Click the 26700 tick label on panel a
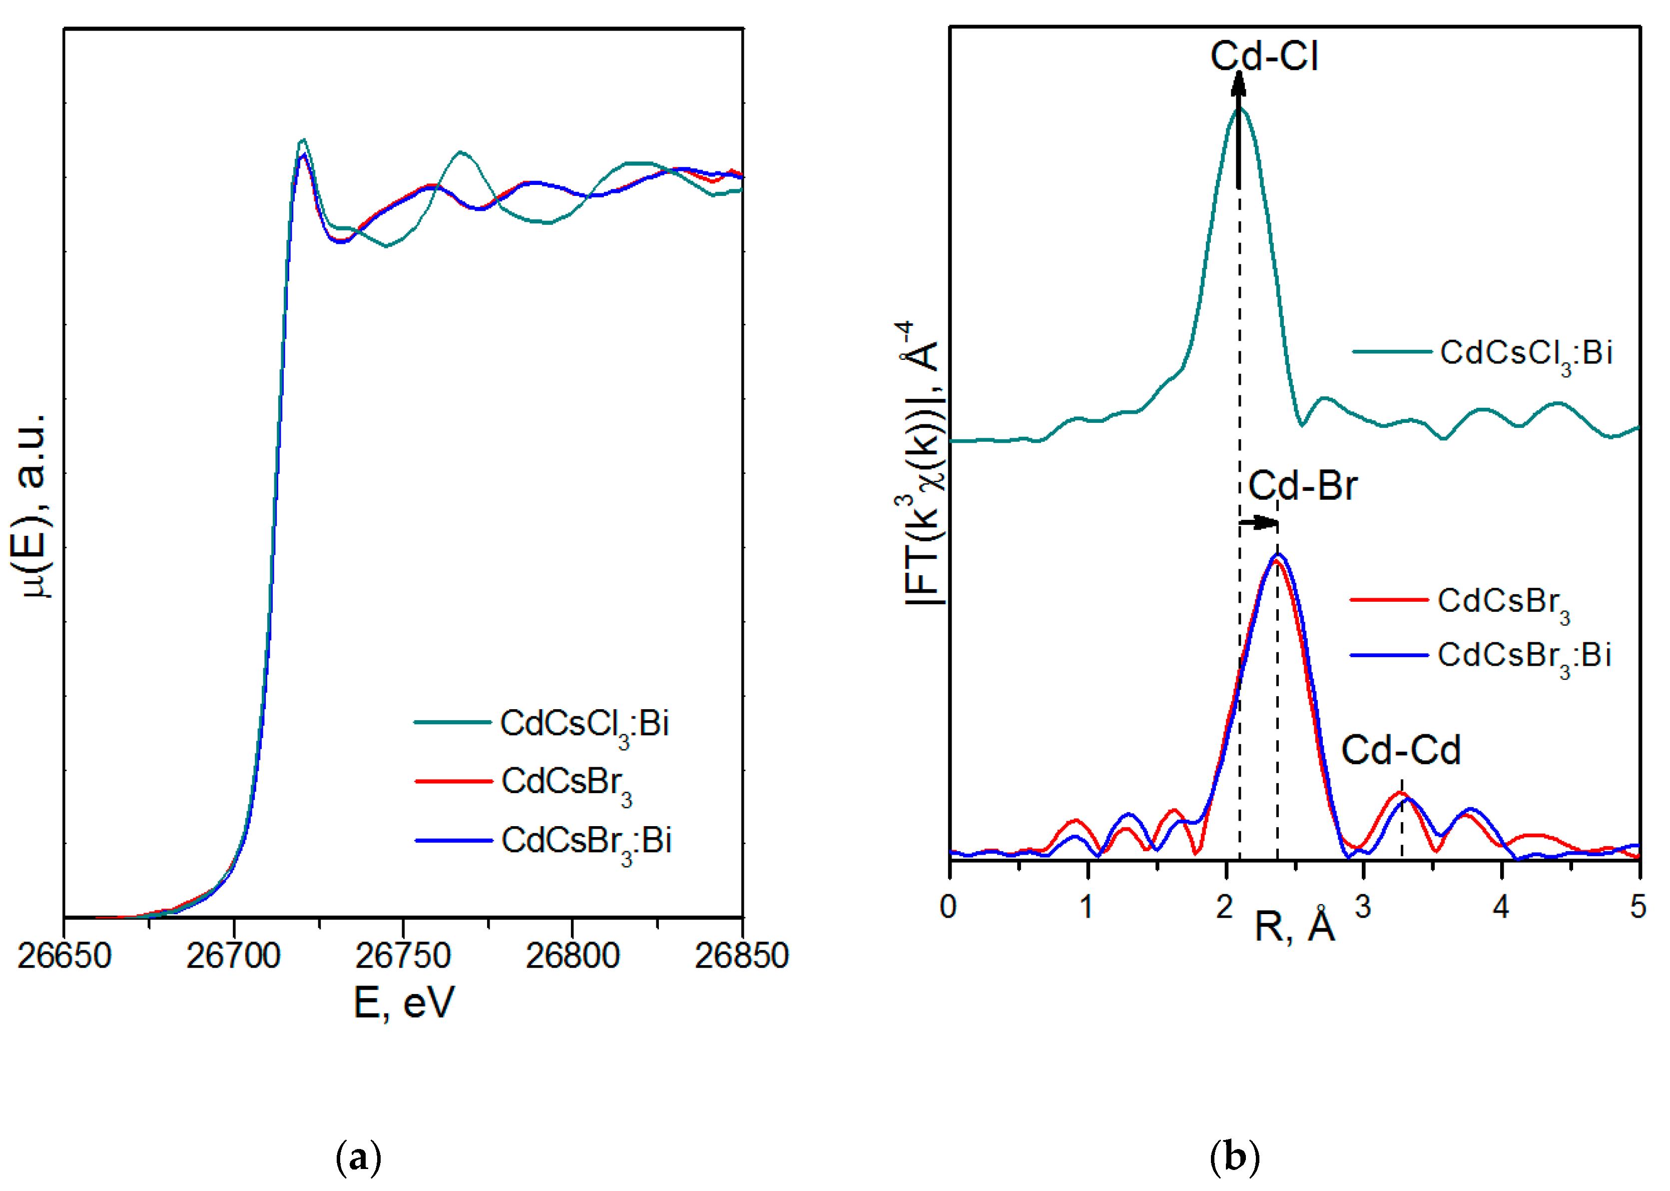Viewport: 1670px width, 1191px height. click(x=233, y=956)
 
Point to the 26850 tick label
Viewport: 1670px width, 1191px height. click(x=741, y=956)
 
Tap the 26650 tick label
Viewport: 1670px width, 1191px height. click(x=64, y=956)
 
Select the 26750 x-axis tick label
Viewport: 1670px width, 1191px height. click(x=403, y=956)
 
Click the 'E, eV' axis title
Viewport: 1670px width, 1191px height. click(x=404, y=1003)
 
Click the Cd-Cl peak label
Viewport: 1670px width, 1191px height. click(x=1264, y=56)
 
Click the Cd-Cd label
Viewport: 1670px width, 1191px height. click(x=1400, y=750)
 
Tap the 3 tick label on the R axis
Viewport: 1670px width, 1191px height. click(x=1362, y=908)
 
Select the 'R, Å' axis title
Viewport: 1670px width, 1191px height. click(x=1295, y=926)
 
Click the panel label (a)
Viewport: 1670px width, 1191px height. click(x=359, y=1158)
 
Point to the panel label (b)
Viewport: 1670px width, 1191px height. click(x=1234, y=1158)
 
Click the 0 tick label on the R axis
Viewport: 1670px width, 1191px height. click(x=949, y=908)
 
